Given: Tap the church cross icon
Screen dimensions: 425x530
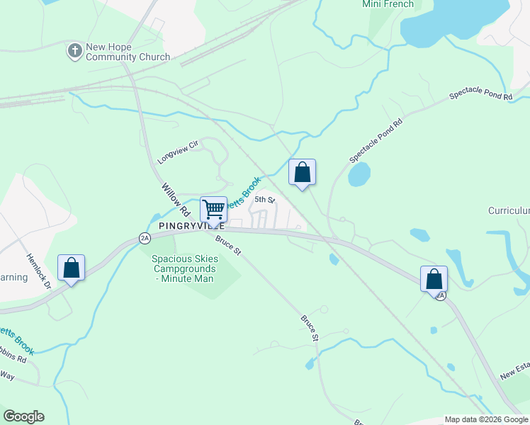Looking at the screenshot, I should click(x=74, y=51).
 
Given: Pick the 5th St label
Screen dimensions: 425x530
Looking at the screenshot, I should click(x=264, y=200).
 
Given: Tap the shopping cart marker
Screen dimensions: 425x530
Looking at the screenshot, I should click(x=213, y=210).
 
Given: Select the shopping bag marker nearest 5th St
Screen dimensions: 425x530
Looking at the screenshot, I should click(x=303, y=172).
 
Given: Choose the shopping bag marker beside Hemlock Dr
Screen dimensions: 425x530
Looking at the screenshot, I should click(x=71, y=268).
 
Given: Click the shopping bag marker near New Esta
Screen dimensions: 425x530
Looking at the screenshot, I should click(x=434, y=278).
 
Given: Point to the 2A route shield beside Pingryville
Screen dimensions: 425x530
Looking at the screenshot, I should click(x=145, y=238).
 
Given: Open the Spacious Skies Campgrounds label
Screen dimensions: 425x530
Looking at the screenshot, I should click(x=185, y=268).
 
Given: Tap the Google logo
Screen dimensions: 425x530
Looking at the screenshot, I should click(x=23, y=416).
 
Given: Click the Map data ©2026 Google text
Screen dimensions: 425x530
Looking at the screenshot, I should click(x=486, y=419).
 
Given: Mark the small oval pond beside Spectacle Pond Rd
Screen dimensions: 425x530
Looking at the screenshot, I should click(x=359, y=174).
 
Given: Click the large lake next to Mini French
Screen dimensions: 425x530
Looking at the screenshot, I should click(x=453, y=21).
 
